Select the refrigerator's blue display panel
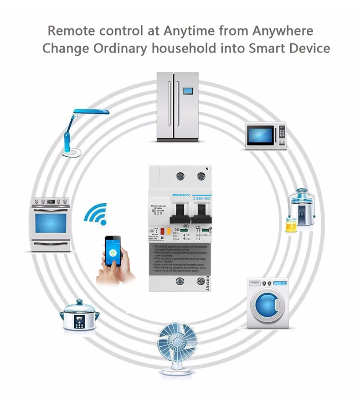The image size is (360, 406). [187, 90]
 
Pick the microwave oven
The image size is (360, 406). [266, 135]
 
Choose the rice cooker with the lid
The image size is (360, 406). [80, 315]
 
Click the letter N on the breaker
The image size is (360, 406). [206, 168]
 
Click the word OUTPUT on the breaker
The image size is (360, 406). [208, 283]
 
